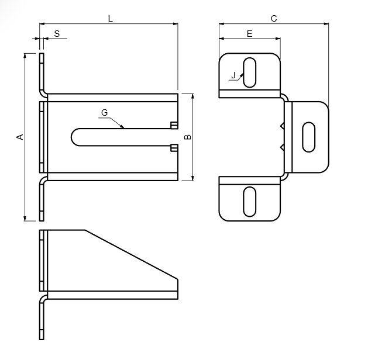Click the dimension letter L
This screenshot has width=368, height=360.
pos(111,19)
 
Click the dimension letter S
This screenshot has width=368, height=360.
pos(57,34)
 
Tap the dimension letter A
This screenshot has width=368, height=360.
pos(20,137)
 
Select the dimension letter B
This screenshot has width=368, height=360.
pos(188,137)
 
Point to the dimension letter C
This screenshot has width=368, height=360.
pos(274,19)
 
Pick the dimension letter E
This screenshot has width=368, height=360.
pos(249,34)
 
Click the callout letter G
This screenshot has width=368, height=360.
pos(105,113)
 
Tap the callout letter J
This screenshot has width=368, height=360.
pos(233,75)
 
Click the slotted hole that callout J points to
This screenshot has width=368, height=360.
pos(249,72)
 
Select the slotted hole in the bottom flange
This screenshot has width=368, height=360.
pos(249,202)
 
